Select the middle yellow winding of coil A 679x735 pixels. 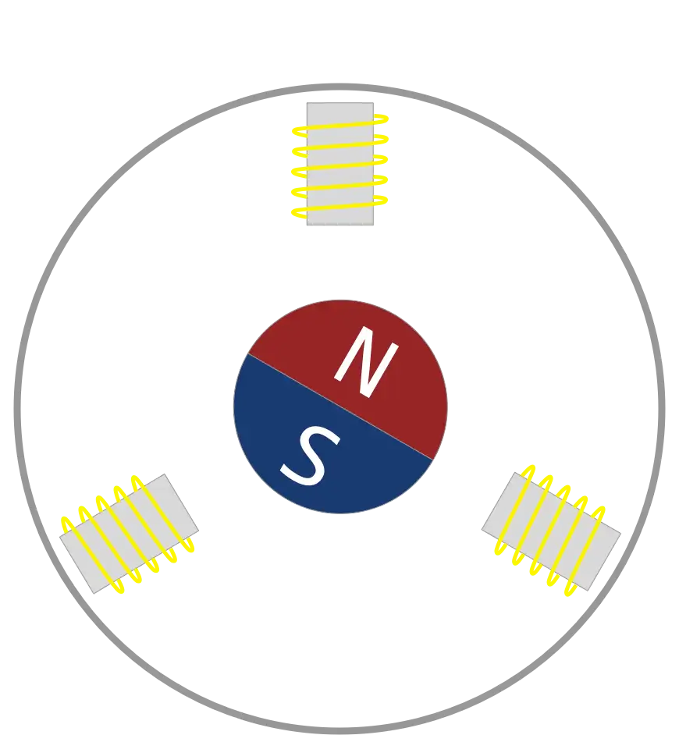(340, 165)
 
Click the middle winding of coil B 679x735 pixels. (552, 531)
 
